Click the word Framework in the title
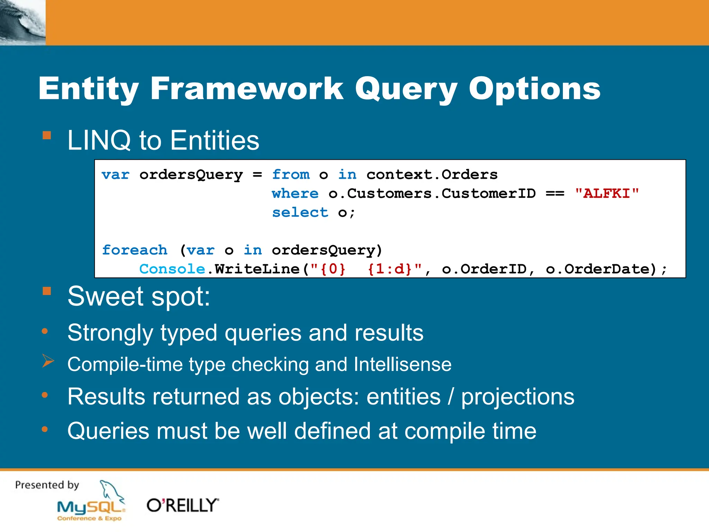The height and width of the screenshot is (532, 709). pyautogui.click(x=246, y=89)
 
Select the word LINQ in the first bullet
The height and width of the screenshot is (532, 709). pyautogui.click(x=99, y=140)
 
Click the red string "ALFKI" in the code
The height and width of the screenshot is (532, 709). pyautogui.click(x=607, y=194)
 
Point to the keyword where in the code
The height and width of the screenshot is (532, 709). pyautogui.click(x=295, y=194)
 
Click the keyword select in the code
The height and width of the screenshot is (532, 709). pyautogui.click(x=300, y=212)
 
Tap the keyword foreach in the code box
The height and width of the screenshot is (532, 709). pyautogui.click(x=134, y=250)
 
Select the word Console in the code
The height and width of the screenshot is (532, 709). pyautogui.click(x=172, y=269)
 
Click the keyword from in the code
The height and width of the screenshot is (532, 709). pyautogui.click(x=291, y=175)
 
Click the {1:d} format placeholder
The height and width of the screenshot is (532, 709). pyautogui.click(x=389, y=269)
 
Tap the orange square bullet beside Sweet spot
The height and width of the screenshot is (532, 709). pyautogui.click(x=47, y=291)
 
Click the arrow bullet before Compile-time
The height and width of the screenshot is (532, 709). pyautogui.click(x=48, y=361)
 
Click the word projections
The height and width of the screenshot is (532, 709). pyautogui.click(x=518, y=397)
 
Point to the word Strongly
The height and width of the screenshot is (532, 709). pyautogui.click(x=110, y=333)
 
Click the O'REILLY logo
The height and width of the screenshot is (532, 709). pyautogui.click(x=183, y=505)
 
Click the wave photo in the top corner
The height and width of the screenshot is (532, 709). pyautogui.click(x=23, y=23)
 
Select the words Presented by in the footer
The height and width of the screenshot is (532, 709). pyautogui.click(x=47, y=485)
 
